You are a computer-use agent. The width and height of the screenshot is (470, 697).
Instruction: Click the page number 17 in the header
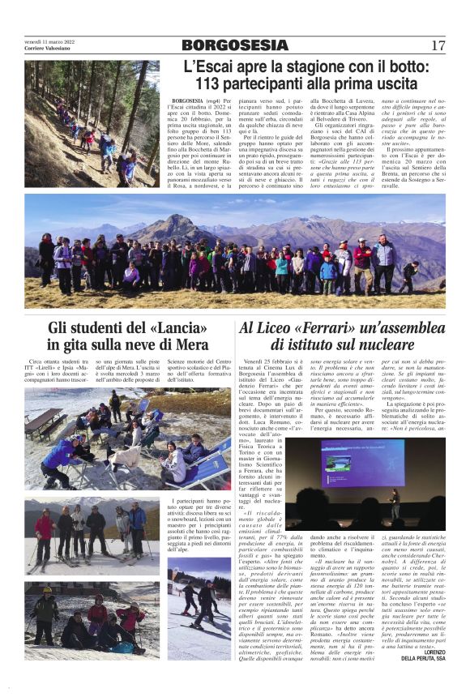click(438, 45)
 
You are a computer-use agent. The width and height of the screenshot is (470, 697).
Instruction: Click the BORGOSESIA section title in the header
click(235, 45)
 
